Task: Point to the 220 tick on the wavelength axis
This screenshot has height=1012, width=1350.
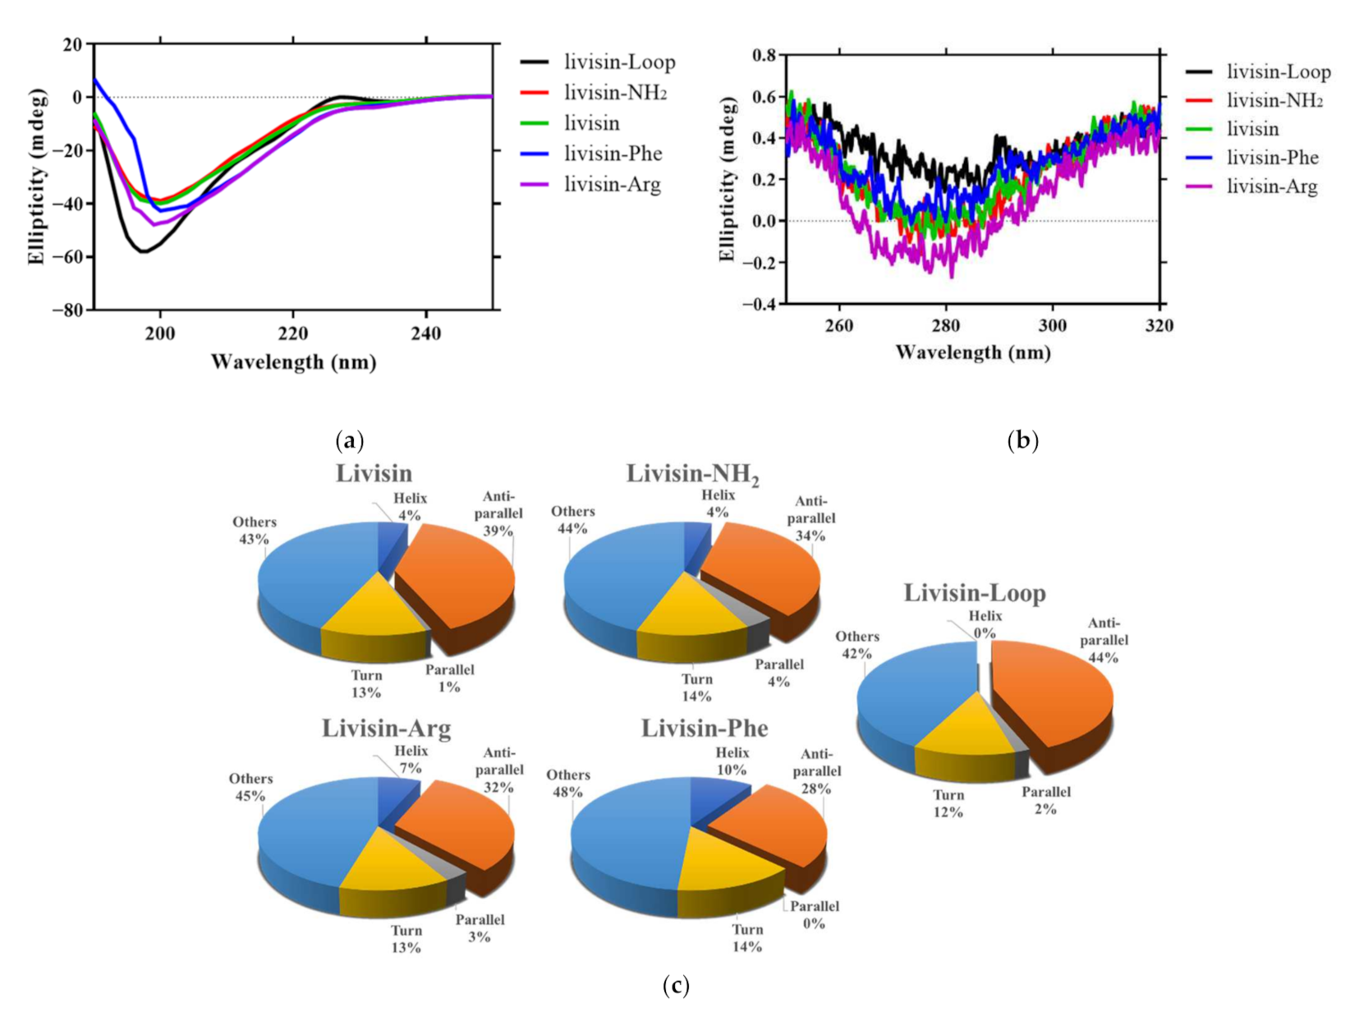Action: pyautogui.click(x=293, y=333)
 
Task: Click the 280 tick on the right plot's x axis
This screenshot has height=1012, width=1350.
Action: pyautogui.click(x=945, y=325)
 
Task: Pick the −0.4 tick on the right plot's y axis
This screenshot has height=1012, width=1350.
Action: pyautogui.click(x=758, y=305)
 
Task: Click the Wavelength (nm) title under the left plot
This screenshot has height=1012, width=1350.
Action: pyautogui.click(x=293, y=361)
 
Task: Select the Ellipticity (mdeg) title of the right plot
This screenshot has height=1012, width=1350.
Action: pyautogui.click(x=727, y=179)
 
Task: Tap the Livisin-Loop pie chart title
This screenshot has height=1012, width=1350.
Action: pyautogui.click(x=975, y=593)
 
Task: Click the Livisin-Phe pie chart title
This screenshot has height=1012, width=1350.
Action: pyautogui.click(x=705, y=729)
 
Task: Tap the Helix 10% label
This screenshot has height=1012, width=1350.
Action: pyautogui.click(x=732, y=761)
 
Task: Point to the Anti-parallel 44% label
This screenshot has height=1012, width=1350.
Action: pyautogui.click(x=1104, y=640)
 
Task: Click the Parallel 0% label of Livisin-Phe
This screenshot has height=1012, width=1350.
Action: pyautogui.click(x=814, y=914)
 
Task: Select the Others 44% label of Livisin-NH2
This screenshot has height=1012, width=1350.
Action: pyautogui.click(x=572, y=520)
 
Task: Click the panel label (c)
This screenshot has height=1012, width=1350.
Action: pyautogui.click(x=675, y=985)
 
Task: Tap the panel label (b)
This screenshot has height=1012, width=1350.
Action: pyautogui.click(x=1022, y=441)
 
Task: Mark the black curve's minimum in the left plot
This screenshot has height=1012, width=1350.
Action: pyautogui.click(x=144, y=251)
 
